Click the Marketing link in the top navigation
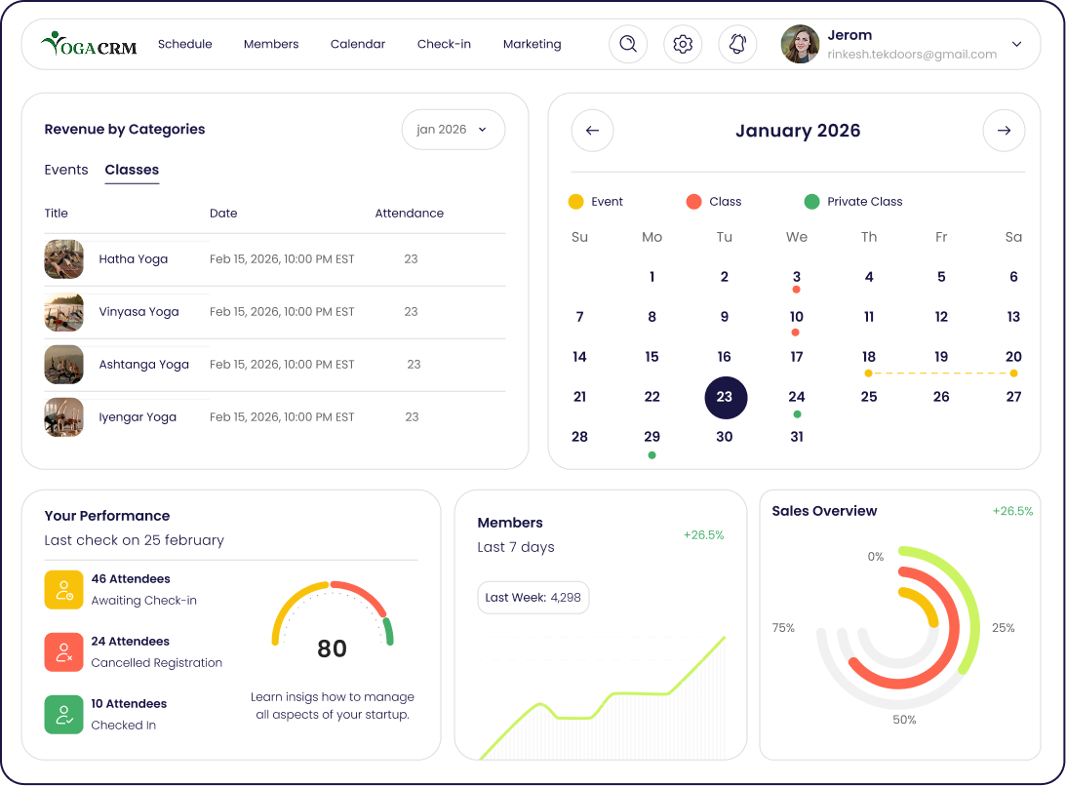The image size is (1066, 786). [532, 44]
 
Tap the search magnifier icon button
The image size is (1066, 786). [628, 44]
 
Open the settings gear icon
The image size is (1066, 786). [683, 44]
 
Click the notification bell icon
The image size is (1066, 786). [737, 44]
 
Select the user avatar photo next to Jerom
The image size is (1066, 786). [800, 44]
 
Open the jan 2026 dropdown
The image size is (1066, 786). [453, 130]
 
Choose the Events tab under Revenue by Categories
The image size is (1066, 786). [66, 170]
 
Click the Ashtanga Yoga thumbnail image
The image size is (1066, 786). [64, 365]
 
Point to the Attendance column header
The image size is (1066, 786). [409, 214]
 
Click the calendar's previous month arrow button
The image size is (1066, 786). [592, 131]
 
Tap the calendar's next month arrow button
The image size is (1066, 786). [1004, 131]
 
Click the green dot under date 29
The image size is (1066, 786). [651, 455]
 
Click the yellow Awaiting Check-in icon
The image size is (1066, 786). [64, 590]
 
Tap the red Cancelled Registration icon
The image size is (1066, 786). [64, 652]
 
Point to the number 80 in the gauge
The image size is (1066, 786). [332, 649]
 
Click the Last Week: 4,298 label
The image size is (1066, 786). [533, 598]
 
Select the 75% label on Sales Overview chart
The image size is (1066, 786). [783, 628]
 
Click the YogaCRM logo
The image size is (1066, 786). [89, 44]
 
